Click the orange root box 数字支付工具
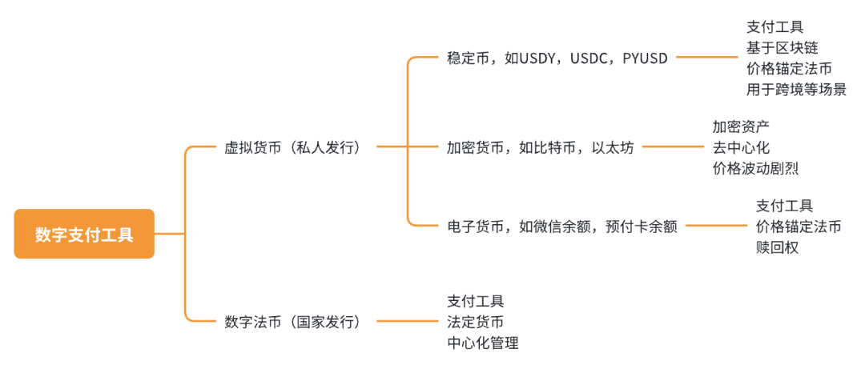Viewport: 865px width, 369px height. (84, 235)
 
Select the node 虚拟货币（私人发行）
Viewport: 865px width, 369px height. (292, 147)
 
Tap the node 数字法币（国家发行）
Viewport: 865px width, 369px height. (292, 322)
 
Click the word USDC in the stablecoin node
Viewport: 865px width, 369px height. (591, 58)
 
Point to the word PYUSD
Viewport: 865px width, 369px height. (645, 58)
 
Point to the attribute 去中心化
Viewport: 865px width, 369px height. (740, 147)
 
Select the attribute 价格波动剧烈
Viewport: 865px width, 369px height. (754, 168)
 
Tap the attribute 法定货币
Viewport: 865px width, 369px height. (475, 322)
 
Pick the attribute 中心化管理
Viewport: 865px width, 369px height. (482, 343)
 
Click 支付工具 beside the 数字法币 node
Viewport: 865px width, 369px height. (475, 301)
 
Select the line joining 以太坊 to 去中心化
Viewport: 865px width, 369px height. (673, 147)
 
